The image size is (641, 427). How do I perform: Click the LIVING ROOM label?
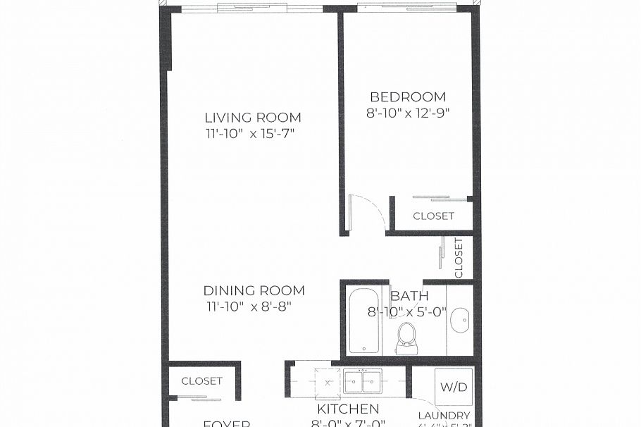253,118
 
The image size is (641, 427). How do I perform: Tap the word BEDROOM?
408,97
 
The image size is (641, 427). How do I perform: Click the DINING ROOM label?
254,290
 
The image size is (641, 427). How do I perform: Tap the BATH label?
409,297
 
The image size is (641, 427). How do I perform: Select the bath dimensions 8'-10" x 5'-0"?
407,311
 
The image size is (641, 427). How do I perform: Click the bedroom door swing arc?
373,208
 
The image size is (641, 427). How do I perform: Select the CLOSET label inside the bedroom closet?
433,216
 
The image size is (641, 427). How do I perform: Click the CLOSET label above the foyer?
201,381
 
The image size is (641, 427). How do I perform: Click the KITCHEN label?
347,409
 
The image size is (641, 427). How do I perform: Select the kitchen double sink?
362,381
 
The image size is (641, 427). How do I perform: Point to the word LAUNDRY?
444,416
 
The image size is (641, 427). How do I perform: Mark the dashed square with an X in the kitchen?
328,381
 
